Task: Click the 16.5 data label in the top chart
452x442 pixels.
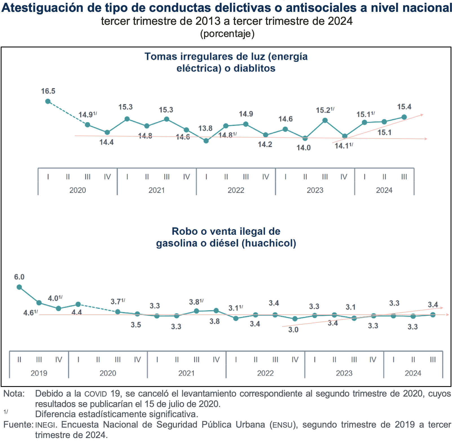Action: [48, 91]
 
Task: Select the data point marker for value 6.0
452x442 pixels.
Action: [19, 287]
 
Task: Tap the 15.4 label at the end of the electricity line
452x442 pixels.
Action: [404, 107]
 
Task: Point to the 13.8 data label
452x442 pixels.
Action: [205, 129]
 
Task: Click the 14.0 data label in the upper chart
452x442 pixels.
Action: [304, 148]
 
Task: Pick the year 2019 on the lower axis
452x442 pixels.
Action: [39, 373]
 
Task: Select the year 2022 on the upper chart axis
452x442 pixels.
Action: [236, 190]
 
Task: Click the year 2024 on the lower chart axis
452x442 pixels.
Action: [413, 373]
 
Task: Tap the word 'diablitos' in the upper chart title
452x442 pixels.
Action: [254, 69]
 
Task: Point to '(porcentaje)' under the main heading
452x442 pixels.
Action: [227, 34]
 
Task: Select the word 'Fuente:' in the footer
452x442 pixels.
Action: [18, 425]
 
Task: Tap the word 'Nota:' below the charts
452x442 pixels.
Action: [14, 393]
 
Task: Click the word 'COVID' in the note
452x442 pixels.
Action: [96, 394]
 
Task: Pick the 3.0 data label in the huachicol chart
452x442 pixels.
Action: [293, 330]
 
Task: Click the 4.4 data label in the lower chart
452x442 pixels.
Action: [77, 312]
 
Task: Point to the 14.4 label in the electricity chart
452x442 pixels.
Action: [107, 142]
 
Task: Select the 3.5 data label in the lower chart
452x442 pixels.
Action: [136, 325]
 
